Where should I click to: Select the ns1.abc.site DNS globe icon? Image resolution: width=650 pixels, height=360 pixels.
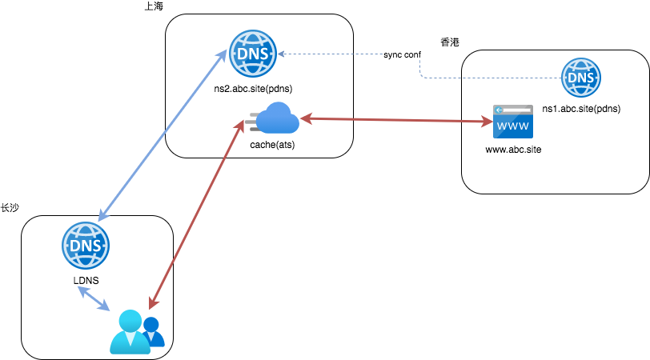(580, 78)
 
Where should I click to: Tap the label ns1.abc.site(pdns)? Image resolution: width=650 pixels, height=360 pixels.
(581, 106)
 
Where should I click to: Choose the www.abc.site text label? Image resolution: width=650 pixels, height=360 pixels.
(513, 150)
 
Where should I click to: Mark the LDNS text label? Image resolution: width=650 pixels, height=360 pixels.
(86, 279)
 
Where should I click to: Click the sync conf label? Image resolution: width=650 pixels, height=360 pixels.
(402, 54)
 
